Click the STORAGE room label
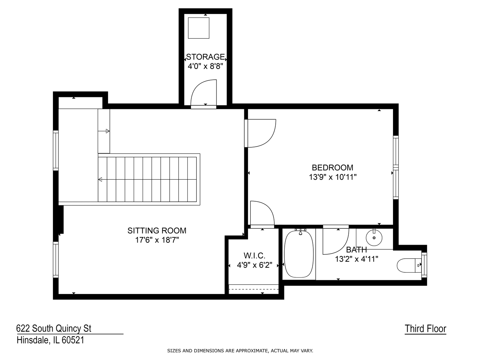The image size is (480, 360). (x=205, y=57)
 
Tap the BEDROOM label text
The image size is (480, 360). (x=332, y=168)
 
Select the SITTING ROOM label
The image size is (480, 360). (x=157, y=231)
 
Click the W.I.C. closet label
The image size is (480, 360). (x=254, y=255)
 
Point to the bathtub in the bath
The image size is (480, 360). (x=299, y=254)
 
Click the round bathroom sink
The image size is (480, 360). (x=374, y=238)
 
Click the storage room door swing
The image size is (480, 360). (x=204, y=94)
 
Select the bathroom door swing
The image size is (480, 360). (x=336, y=240)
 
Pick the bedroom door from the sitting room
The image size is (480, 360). (x=260, y=133)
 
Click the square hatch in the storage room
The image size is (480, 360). (x=199, y=28)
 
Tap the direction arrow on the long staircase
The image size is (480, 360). (x=147, y=179)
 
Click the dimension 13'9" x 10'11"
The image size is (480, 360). (x=332, y=177)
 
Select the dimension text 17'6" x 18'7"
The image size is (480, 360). (x=157, y=240)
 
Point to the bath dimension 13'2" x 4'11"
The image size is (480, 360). (x=356, y=259)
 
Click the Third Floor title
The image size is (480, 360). (x=425, y=329)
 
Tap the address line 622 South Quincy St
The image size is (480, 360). (x=54, y=329)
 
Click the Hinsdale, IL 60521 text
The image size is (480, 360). (x=51, y=340)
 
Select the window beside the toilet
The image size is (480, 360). (x=424, y=265)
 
